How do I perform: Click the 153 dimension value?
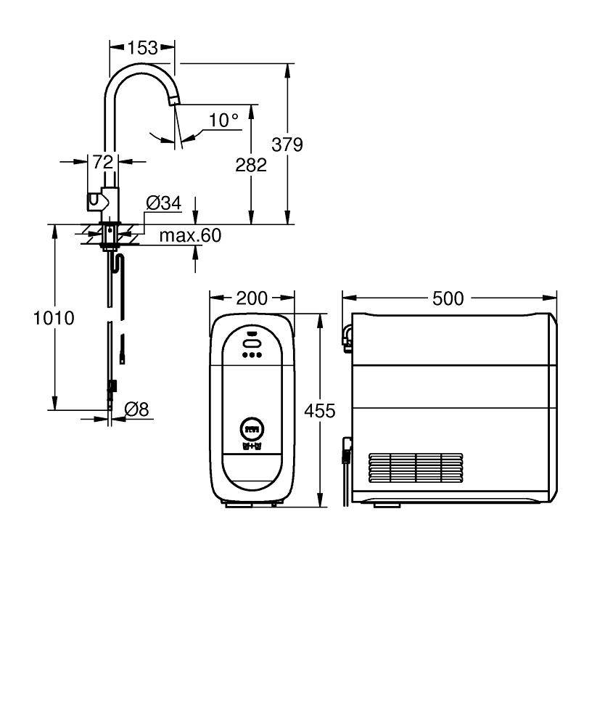[x=142, y=48]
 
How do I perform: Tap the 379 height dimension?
[x=287, y=144]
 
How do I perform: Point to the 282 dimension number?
[x=251, y=165]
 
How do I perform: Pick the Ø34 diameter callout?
[x=163, y=204]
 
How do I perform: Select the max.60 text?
[x=190, y=235]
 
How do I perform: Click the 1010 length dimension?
[x=54, y=318]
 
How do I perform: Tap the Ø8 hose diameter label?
[x=136, y=409]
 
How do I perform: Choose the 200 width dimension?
[x=252, y=298]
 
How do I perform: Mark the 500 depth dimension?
[x=448, y=298]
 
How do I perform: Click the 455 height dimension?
[x=319, y=411]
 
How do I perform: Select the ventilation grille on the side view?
[x=415, y=470]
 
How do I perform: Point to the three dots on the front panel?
[x=252, y=355]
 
